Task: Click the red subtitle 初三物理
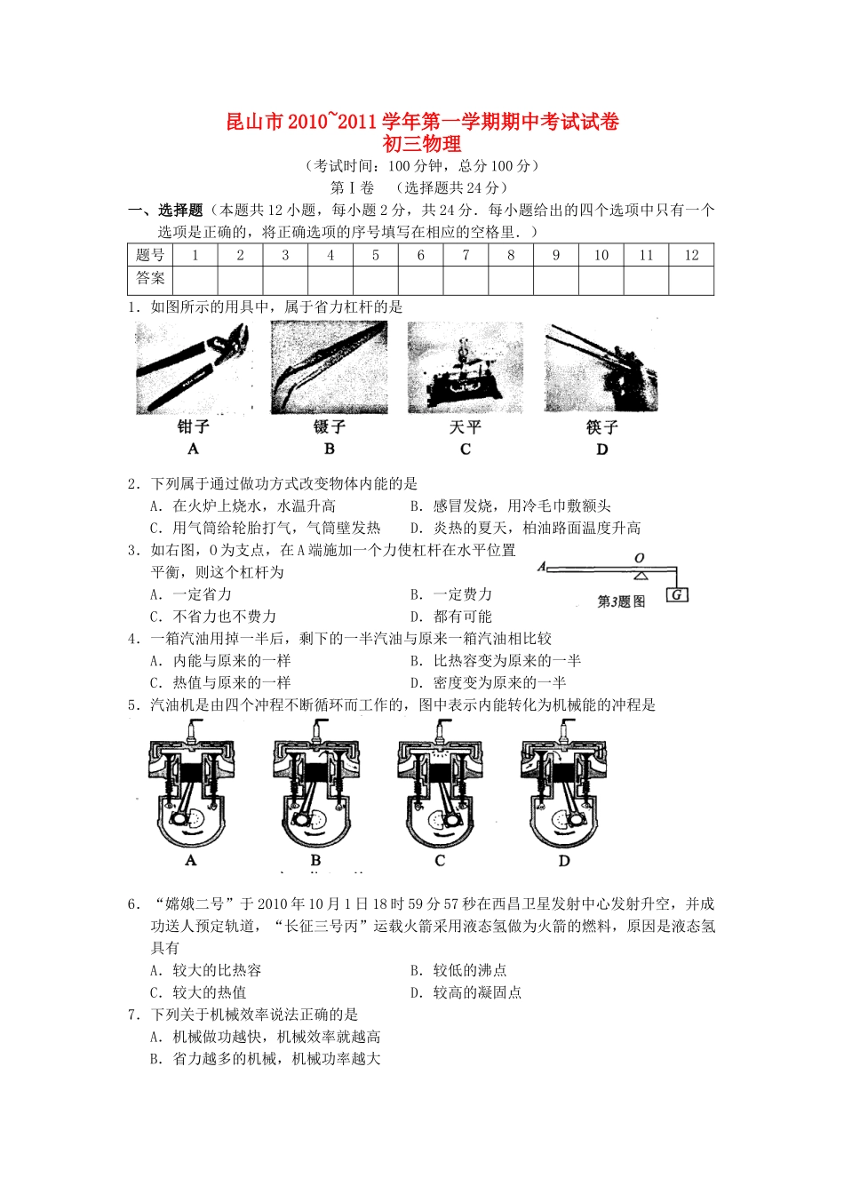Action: click(x=421, y=143)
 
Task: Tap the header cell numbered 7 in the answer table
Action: click(x=466, y=255)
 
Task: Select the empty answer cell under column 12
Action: click(x=691, y=280)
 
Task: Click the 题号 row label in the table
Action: click(x=150, y=255)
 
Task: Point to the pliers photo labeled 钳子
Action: click(x=194, y=368)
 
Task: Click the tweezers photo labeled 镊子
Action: click(x=329, y=368)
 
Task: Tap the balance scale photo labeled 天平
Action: click(x=465, y=368)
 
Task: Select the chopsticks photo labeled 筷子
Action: click(x=601, y=368)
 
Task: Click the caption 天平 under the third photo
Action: click(x=465, y=427)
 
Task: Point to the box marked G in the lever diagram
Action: click(x=678, y=594)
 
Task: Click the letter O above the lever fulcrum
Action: click(x=639, y=559)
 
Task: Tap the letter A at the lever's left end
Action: click(x=541, y=567)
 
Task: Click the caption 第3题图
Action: click(x=621, y=601)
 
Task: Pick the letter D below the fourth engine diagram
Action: click(x=564, y=861)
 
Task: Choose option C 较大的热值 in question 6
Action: click(x=209, y=992)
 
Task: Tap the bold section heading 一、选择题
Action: click(x=166, y=211)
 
